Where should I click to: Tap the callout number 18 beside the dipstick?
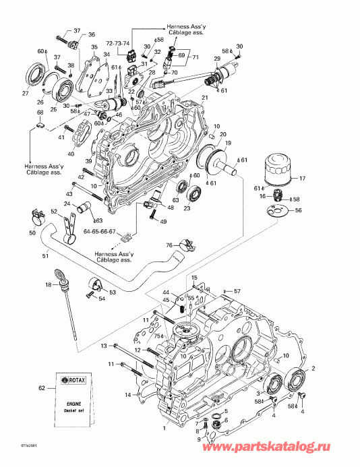[x=48, y=286]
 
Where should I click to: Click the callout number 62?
[x=41, y=388]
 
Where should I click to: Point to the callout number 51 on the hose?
[x=46, y=255]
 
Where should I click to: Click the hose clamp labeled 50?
[x=37, y=218]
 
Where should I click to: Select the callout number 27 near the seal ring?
[x=26, y=94]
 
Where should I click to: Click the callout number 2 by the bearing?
[x=312, y=369]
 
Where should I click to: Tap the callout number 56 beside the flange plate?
[x=299, y=210]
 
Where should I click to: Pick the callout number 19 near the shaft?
[x=228, y=144]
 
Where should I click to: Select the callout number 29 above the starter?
[x=218, y=60]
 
